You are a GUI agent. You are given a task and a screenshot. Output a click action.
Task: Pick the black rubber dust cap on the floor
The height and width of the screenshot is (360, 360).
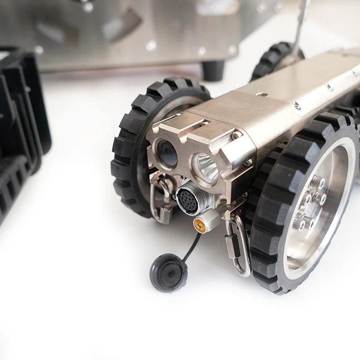point(168,272)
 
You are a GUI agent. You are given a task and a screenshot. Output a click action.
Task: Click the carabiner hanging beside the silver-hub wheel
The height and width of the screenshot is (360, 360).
point(238,245)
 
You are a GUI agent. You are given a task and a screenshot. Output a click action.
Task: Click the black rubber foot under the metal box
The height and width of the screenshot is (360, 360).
point(213,70)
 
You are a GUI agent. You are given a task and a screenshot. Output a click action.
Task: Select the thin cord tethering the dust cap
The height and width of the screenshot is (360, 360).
point(192,247)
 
